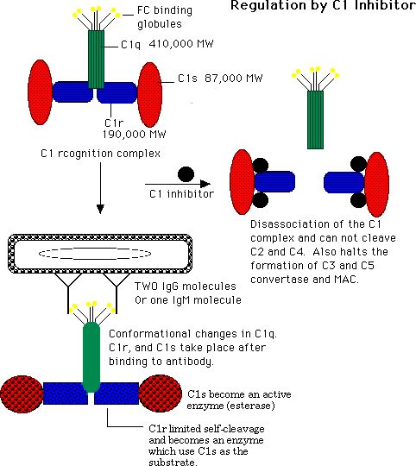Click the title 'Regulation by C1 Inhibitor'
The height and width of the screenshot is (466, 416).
point(324,6)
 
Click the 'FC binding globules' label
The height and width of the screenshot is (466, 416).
point(165,17)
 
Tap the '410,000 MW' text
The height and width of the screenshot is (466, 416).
point(181,44)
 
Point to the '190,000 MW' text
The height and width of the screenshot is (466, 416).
point(135,135)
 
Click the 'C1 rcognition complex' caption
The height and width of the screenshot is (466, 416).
point(100,154)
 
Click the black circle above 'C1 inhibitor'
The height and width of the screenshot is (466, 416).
point(186,174)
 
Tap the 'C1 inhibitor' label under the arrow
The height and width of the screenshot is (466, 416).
point(181,194)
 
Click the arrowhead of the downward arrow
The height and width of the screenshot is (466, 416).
point(100,209)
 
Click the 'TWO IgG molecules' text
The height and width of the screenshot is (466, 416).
point(186,287)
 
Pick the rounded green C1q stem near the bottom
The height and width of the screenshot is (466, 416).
point(91,356)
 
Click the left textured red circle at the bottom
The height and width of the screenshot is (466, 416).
point(22,394)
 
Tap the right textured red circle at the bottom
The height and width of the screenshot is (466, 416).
point(161,394)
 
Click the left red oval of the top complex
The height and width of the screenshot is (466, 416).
point(40,92)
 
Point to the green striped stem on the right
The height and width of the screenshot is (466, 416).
point(315,120)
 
